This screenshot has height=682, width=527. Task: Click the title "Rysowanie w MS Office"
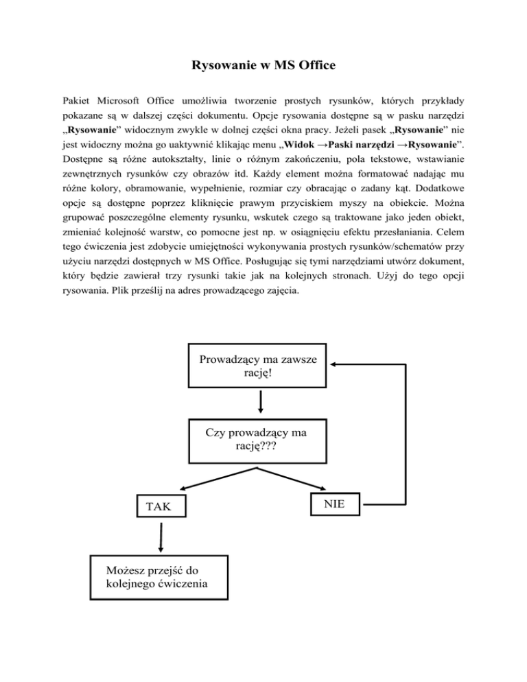tap(263, 67)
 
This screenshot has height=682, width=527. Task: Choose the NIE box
tap(336, 504)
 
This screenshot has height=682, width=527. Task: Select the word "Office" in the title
tap(316, 67)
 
